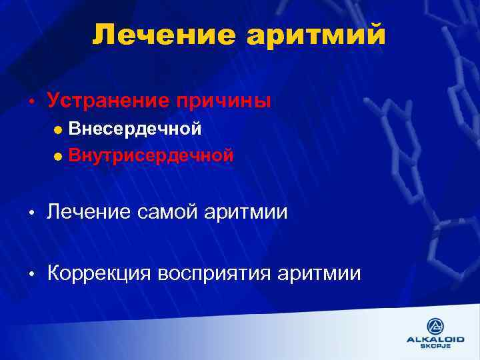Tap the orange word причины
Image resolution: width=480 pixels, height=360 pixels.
point(225,101)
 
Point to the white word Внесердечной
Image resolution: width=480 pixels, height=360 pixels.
point(135,129)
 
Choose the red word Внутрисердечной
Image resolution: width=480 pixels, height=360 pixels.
point(151,156)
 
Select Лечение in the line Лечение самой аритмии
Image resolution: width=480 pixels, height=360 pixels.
point(90,213)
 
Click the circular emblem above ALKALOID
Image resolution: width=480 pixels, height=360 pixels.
point(435,326)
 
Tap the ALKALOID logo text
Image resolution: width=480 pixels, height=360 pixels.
point(435,339)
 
